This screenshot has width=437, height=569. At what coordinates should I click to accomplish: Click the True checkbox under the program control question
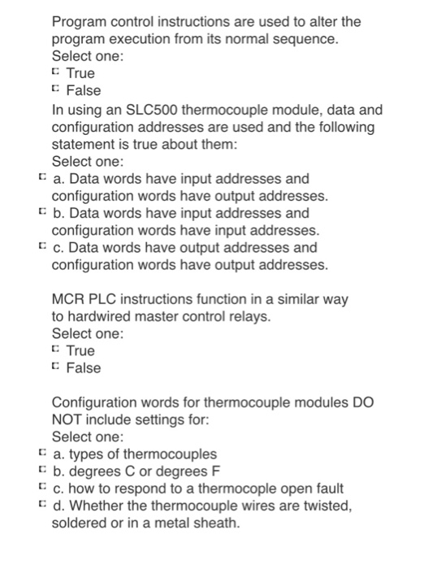(55, 74)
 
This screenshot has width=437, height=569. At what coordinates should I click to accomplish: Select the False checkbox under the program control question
(55, 91)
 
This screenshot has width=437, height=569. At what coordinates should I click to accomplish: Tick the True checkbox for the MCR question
(55, 351)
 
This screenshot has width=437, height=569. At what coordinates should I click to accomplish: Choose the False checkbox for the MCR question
(55, 368)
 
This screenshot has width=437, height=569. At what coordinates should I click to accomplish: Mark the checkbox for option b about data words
(41, 213)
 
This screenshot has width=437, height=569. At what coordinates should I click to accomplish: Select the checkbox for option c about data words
(41, 247)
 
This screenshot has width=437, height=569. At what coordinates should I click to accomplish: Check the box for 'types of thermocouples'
(41, 454)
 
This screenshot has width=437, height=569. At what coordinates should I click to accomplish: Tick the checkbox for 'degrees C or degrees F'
(41, 471)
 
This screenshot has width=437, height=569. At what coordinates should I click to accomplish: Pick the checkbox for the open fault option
(41, 489)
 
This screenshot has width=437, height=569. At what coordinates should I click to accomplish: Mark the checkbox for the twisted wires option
(41, 506)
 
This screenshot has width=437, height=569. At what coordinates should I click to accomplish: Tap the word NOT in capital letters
(68, 420)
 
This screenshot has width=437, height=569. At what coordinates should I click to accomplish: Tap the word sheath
(218, 523)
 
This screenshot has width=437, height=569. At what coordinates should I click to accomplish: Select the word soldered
(83, 523)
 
